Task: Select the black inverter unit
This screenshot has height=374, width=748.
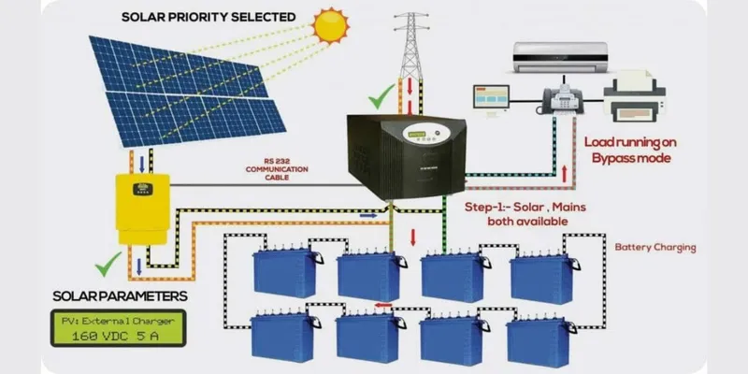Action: (405, 154)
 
